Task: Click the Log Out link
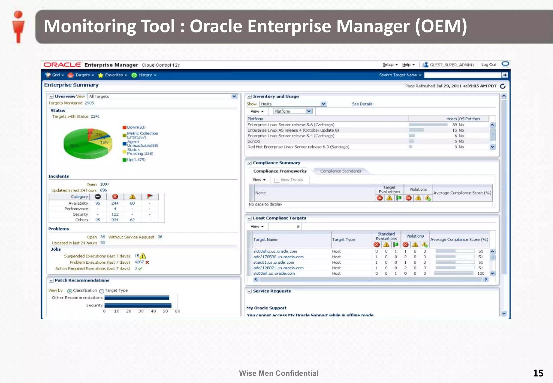pyautogui.click(x=488, y=65)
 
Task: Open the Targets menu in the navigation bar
pyautogui.click(x=82, y=75)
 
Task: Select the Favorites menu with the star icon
pyautogui.click(x=113, y=75)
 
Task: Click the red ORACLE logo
pyautogui.click(x=62, y=65)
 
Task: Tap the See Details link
pyautogui.click(x=362, y=104)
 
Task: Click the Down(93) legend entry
pyautogui.click(x=136, y=127)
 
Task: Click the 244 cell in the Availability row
pyautogui.click(x=115, y=203)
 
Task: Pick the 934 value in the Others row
pyautogui.click(x=115, y=220)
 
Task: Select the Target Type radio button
pyautogui.click(x=102, y=291)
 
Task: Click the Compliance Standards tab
pyautogui.click(x=340, y=171)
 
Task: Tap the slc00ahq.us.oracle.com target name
pyautogui.click(x=275, y=251)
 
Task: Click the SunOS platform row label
pyautogui.click(x=254, y=141)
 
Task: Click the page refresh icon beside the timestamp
pyautogui.click(x=503, y=86)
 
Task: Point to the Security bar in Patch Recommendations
pyautogui.click(x=138, y=305)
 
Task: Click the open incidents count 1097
pyautogui.click(x=104, y=184)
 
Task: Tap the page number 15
pyautogui.click(x=538, y=373)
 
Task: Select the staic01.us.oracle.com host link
pyautogui.click(x=274, y=263)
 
